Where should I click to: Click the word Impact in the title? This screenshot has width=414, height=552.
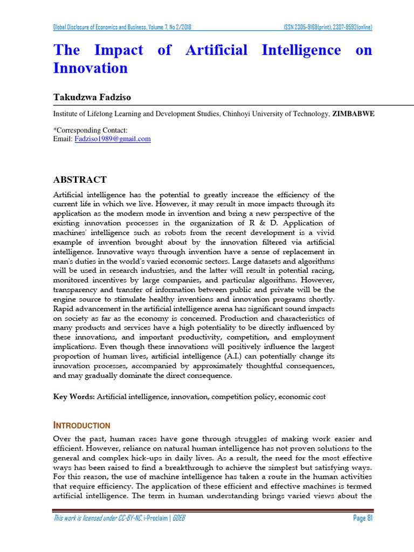click(x=119, y=50)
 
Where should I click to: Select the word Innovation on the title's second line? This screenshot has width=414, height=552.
click(x=90, y=68)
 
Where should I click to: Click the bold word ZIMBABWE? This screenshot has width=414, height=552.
click(x=354, y=114)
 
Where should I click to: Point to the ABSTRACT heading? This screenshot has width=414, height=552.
click(x=79, y=180)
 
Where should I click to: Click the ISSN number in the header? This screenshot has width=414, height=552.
click(x=328, y=27)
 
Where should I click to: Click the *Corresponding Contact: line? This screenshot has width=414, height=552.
click(x=90, y=130)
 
